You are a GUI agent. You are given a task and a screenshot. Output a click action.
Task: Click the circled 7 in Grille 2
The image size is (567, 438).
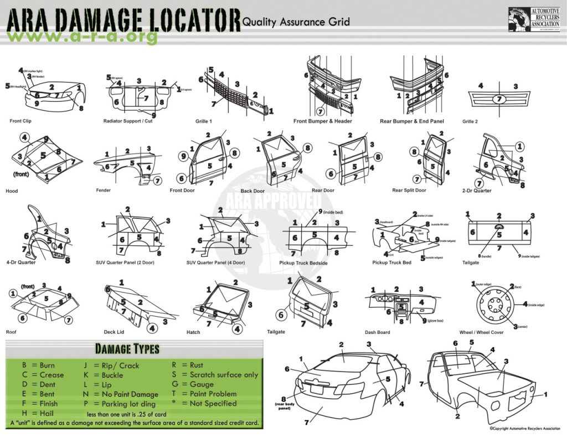499,99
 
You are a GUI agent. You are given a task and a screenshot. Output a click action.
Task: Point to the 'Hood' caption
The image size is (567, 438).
12,191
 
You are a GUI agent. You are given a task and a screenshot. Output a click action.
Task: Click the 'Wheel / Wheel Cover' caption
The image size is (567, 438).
482,332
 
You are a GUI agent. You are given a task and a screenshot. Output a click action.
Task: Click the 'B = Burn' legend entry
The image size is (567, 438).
38,365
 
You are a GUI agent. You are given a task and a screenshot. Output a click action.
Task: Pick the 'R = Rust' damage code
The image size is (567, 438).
188,365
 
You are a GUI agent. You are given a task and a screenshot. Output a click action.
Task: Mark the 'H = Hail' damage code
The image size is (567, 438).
37,413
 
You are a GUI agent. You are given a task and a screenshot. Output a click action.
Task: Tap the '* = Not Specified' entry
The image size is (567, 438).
205,404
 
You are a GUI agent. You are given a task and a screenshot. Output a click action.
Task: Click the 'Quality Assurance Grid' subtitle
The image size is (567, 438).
296,22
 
